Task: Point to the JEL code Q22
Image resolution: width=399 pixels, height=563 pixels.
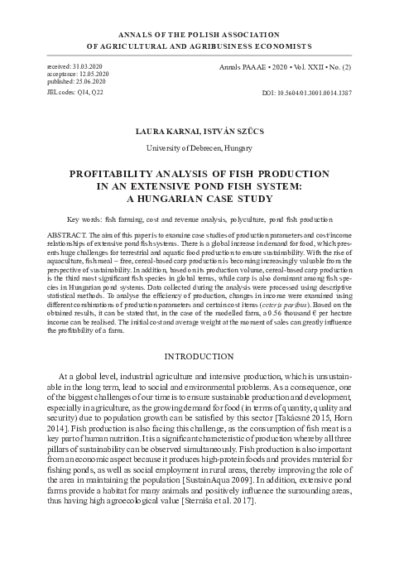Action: click(101, 92)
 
